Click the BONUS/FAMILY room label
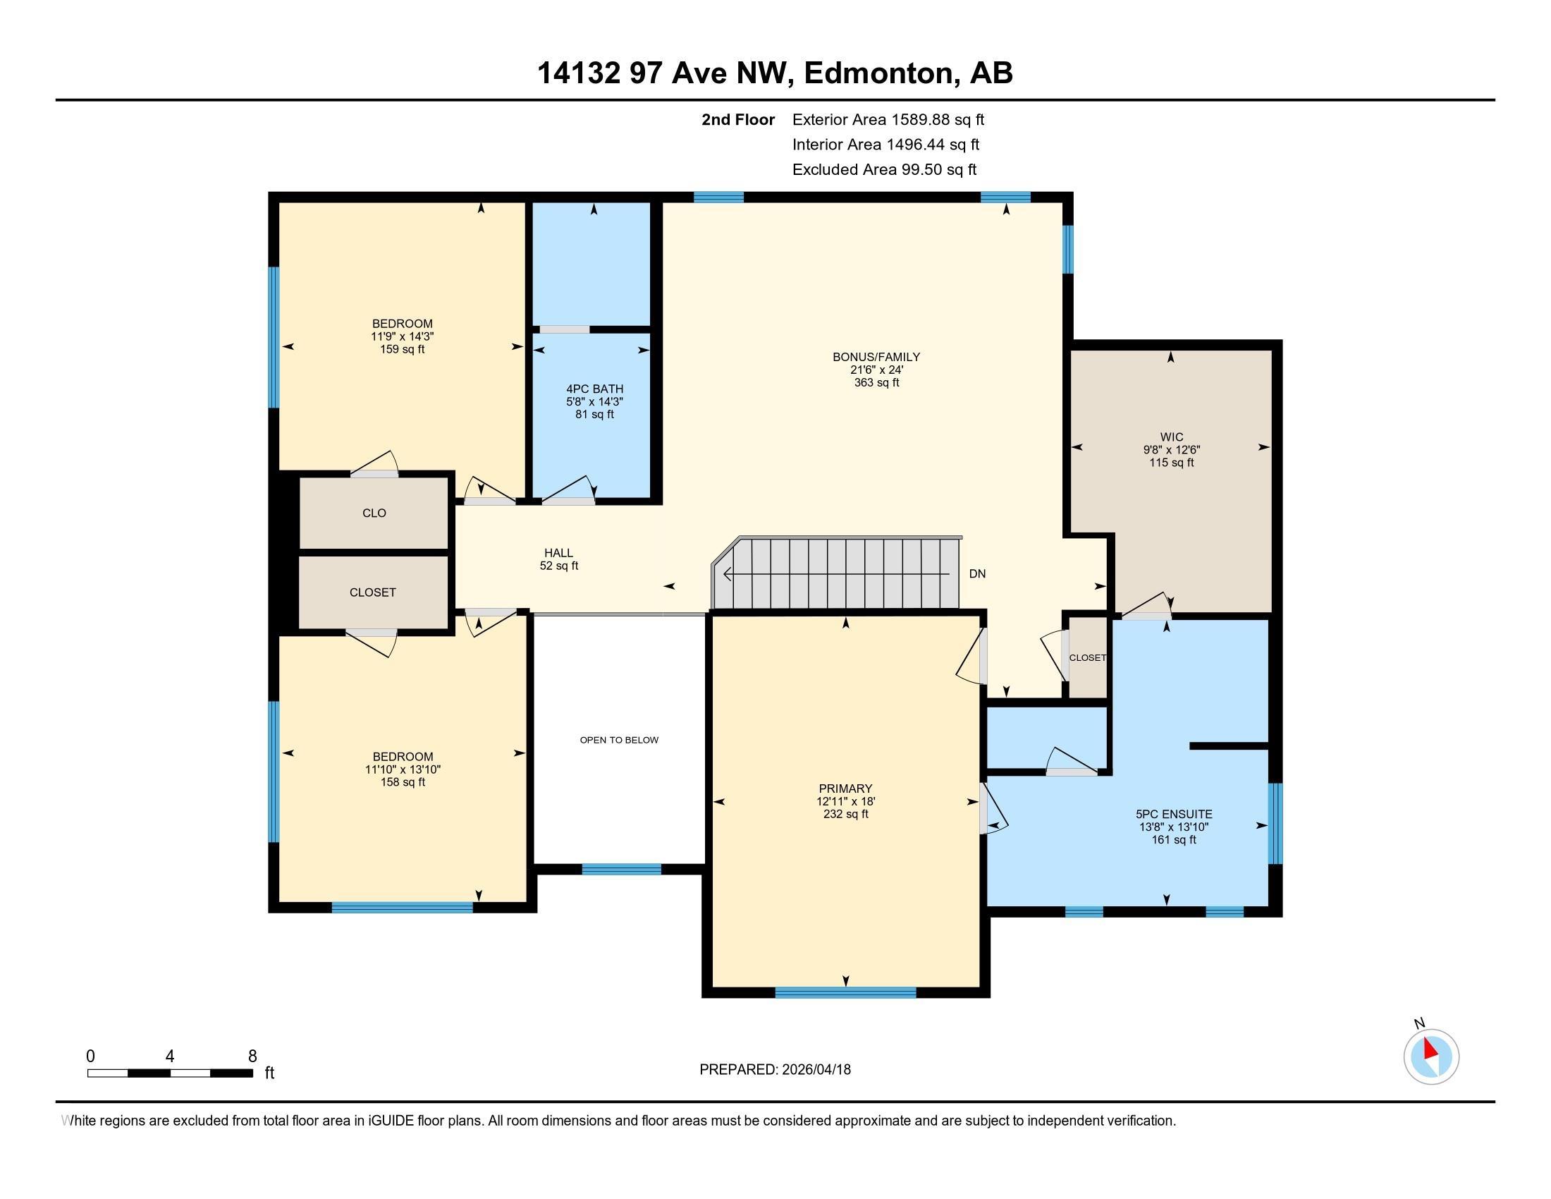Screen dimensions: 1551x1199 pos(876,357)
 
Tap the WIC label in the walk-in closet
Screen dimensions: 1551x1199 pos(1172,437)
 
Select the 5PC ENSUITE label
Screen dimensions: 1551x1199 pos(1174,814)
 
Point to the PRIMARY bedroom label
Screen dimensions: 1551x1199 pos(845,789)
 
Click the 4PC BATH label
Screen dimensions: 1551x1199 pos(594,389)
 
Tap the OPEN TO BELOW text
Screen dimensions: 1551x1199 pos(619,739)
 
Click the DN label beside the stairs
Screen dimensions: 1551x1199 pos(977,573)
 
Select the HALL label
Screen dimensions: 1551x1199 pos(559,553)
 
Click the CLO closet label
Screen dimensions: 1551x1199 pos(374,513)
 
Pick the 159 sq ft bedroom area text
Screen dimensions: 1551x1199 pos(403,349)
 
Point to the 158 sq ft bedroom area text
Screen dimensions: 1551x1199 pos(403,782)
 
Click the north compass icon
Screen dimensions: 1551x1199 pos(1431,1057)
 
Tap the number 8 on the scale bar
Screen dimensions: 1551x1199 pos(252,1057)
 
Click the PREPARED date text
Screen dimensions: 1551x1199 pos(775,1070)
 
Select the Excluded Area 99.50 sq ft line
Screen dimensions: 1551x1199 pos(884,169)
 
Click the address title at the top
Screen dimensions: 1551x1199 pos(775,73)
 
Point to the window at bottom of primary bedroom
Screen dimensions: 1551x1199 pos(845,992)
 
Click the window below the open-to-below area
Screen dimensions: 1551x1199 pos(621,869)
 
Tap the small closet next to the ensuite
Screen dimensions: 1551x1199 pos(1088,658)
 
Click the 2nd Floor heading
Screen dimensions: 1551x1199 pos(738,119)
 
